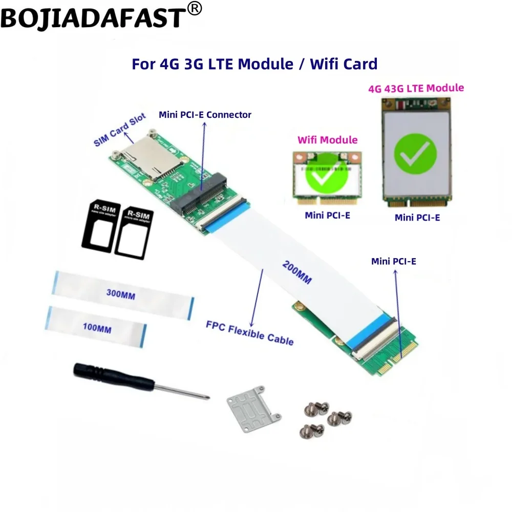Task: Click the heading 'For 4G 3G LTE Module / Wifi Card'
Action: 254,64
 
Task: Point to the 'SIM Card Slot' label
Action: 120,130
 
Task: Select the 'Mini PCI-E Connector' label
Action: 205,115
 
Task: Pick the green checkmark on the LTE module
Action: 415,152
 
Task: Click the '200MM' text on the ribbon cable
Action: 296,271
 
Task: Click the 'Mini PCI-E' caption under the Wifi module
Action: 327,216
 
